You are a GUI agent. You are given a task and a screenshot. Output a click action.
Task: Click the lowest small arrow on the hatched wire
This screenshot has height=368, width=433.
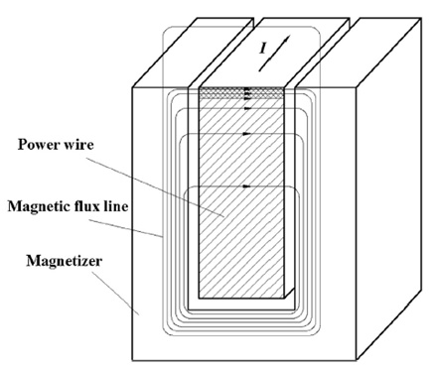tap(244, 186)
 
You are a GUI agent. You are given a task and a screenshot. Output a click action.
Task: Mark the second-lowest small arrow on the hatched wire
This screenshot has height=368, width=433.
tap(244, 134)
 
